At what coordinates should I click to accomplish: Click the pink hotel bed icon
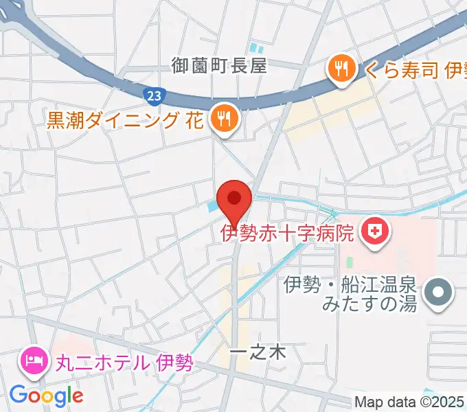(33, 360)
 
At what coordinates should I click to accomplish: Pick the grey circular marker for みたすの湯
(437, 293)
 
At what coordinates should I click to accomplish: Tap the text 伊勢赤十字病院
(287, 233)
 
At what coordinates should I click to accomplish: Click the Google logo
(46, 395)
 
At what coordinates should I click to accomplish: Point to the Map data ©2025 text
(409, 402)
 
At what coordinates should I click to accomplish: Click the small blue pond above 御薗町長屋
(258, 49)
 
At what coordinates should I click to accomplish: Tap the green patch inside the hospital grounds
(350, 263)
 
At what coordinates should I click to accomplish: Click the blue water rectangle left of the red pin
(213, 204)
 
